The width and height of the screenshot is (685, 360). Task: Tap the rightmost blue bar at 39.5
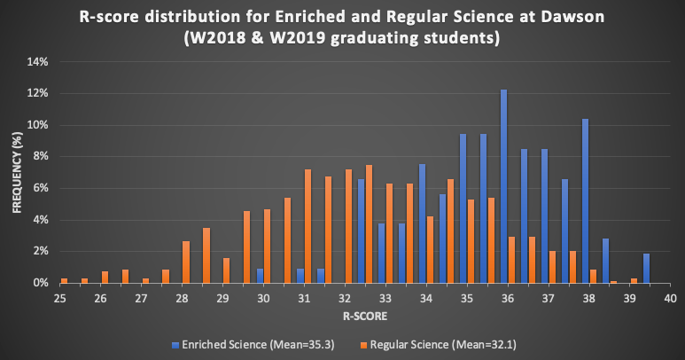[x=646, y=268]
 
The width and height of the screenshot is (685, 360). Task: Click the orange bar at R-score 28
[x=186, y=262]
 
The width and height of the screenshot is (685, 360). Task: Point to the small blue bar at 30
[x=260, y=276]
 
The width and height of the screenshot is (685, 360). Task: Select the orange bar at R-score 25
[x=64, y=280]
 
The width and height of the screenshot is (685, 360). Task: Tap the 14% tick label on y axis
[x=36, y=62]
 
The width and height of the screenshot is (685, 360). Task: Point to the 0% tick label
[x=39, y=283]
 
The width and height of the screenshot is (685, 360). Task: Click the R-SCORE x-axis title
[x=364, y=316]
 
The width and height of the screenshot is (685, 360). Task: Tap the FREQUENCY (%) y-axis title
[x=16, y=172]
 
